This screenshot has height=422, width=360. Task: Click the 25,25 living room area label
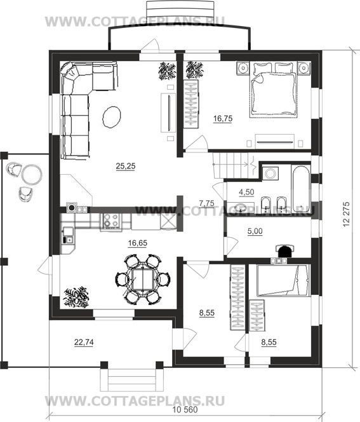(126, 167)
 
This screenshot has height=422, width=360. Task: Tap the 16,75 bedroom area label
(223, 118)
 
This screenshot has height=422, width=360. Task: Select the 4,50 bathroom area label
(246, 192)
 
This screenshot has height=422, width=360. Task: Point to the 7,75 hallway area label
(207, 203)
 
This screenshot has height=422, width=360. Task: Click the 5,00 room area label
(255, 231)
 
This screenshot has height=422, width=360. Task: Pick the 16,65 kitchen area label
(138, 243)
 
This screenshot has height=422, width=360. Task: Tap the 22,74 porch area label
(84, 342)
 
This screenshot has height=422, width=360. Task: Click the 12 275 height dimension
(347, 214)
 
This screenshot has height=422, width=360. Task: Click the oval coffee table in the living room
(111, 117)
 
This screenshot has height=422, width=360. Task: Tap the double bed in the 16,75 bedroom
(274, 90)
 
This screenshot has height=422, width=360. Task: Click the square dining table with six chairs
(142, 279)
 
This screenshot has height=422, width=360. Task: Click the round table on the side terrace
(32, 174)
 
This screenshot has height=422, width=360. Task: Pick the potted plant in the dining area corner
(76, 297)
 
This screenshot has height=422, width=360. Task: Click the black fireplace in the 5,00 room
(284, 251)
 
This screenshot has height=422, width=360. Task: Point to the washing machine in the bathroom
(270, 173)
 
